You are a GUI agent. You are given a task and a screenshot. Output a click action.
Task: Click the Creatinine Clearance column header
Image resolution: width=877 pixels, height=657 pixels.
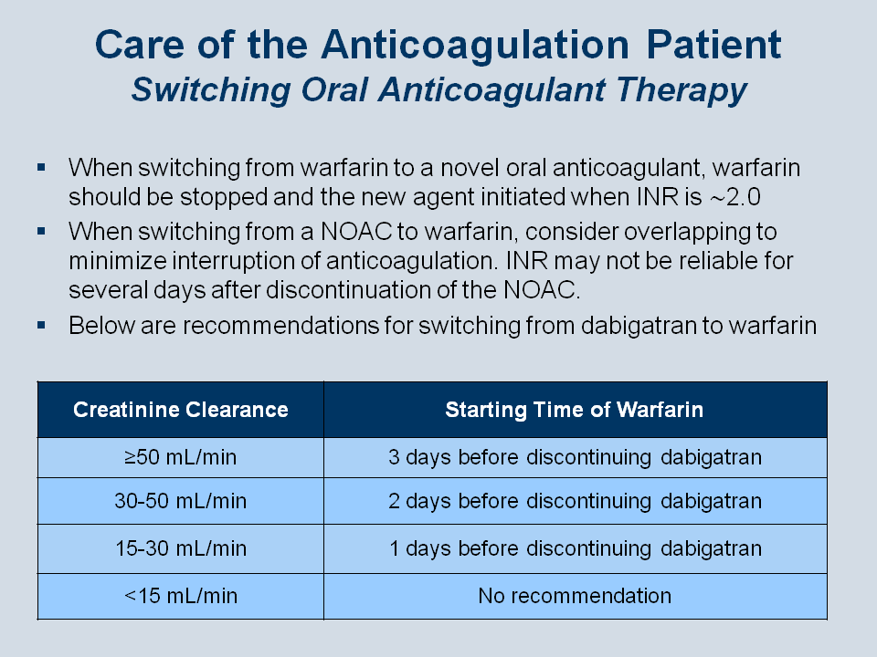click(181, 410)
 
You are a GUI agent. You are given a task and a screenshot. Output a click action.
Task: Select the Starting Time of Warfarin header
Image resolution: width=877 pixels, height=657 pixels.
click(575, 410)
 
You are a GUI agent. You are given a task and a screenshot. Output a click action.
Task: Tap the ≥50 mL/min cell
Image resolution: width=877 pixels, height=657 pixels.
click(181, 457)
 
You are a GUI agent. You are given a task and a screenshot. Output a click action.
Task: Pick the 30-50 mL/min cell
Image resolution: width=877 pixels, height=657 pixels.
click(181, 501)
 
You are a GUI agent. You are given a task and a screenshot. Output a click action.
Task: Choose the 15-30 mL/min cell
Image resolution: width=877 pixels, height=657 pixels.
click(181, 548)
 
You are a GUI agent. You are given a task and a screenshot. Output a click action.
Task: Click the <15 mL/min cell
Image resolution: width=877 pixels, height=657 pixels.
click(181, 596)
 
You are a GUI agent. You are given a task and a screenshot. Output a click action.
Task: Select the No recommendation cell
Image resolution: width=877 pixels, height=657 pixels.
click(575, 596)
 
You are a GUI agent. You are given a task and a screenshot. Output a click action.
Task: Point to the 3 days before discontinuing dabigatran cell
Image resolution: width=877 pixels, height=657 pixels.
click(575, 457)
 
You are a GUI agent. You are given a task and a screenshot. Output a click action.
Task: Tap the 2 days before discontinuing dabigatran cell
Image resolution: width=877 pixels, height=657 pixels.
click(575, 501)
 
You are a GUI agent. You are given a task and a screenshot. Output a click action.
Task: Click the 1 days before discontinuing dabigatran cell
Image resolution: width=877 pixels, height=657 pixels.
click(575, 548)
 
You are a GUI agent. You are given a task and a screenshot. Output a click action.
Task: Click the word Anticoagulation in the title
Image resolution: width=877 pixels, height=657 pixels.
click(475, 46)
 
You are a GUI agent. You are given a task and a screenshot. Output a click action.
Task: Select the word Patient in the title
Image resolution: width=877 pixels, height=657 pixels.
click(713, 44)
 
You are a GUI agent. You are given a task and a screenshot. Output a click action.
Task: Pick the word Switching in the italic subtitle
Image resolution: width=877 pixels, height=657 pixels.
click(211, 90)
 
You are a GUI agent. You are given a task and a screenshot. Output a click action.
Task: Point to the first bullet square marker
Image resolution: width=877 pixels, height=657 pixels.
click(41, 167)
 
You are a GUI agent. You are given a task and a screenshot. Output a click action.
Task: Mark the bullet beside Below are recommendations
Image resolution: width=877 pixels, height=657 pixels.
click(41, 325)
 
